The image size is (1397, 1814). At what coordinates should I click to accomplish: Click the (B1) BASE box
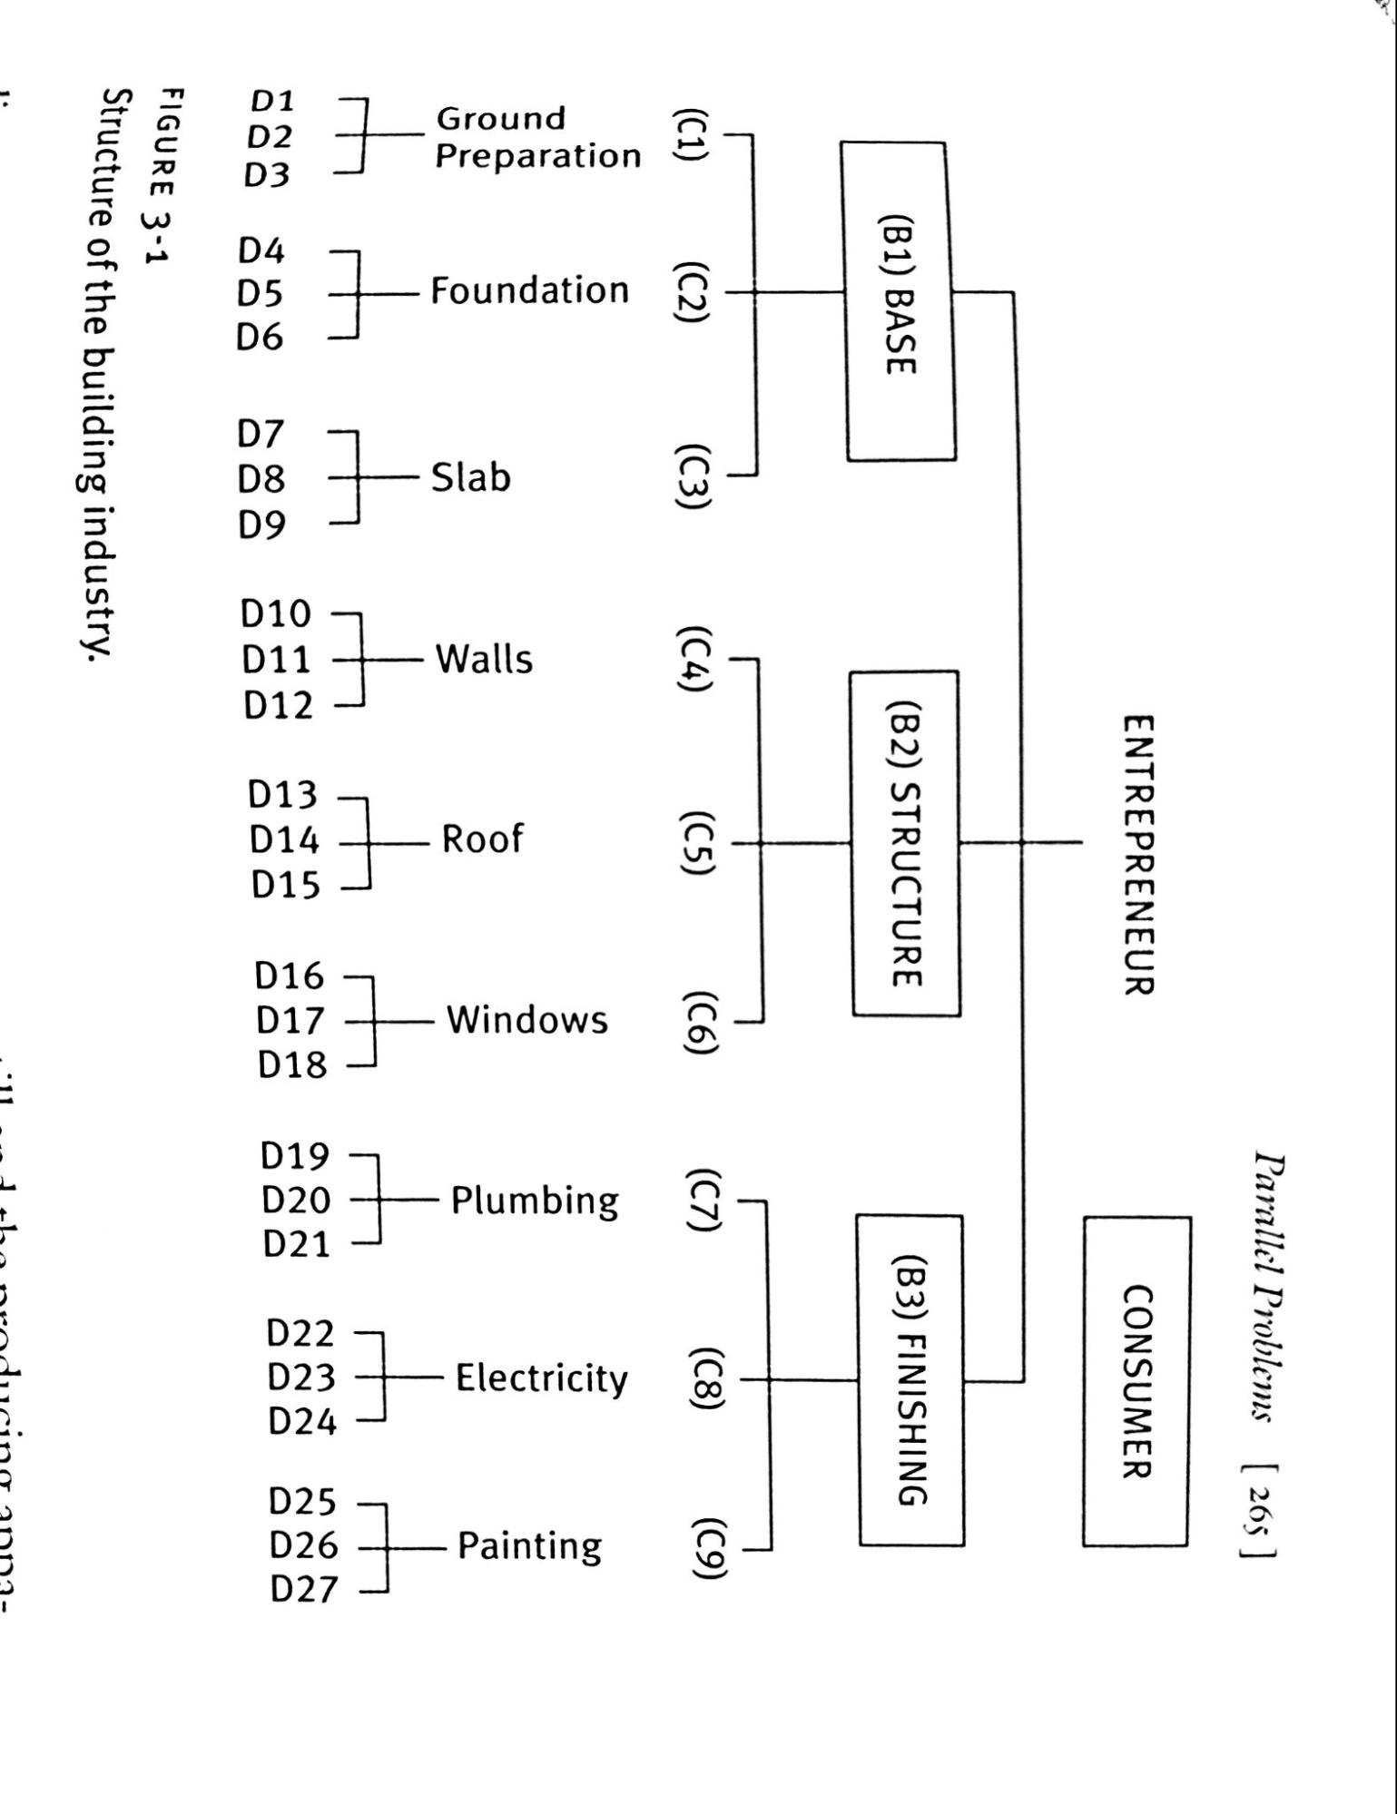point(899,300)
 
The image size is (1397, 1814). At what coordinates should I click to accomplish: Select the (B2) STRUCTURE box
point(906,843)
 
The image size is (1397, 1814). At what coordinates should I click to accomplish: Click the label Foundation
point(529,291)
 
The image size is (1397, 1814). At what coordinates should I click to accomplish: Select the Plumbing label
point(535,1201)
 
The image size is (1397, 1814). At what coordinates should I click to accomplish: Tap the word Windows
point(526,1020)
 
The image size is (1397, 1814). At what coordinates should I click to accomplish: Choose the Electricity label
point(541,1378)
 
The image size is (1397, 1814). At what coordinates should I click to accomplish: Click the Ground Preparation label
point(537,138)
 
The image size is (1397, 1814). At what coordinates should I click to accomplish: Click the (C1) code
point(688,135)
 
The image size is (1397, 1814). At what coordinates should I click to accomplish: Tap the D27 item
point(303,1589)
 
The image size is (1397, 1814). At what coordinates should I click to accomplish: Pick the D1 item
point(271,101)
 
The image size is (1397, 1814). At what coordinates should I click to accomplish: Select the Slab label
point(470,477)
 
